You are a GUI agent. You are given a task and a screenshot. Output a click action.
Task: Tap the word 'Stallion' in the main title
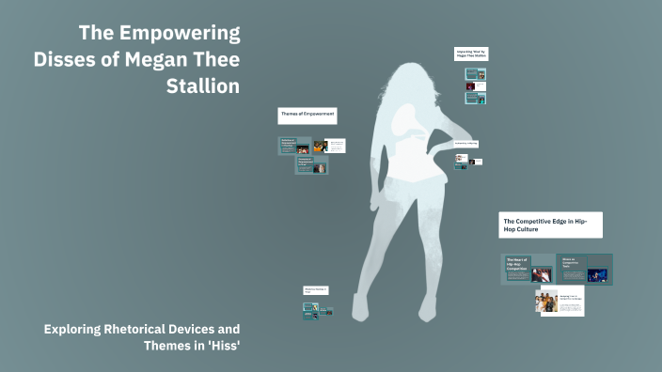coord(202,86)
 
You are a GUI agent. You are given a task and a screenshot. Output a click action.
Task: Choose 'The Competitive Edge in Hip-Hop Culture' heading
coord(550,225)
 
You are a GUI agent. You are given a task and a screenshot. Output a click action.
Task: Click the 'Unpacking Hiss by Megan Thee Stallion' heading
coord(471,54)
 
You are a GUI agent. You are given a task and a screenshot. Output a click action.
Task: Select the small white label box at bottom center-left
coord(316,291)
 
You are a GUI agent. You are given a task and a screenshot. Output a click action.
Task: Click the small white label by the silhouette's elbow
coord(465,144)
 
